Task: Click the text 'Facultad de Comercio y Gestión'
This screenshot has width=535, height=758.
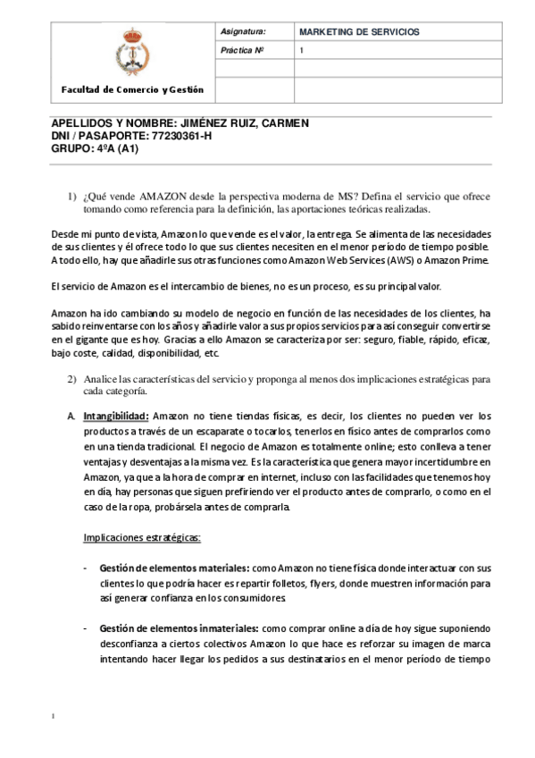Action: coord(132,89)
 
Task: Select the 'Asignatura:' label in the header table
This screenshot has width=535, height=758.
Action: coord(242,31)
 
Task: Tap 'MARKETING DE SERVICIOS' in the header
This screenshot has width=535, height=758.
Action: coord(359,31)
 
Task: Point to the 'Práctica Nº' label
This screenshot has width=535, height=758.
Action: coord(242,50)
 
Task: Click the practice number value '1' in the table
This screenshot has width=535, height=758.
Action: coord(302,50)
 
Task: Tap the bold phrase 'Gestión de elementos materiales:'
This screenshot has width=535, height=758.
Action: coord(175,568)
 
